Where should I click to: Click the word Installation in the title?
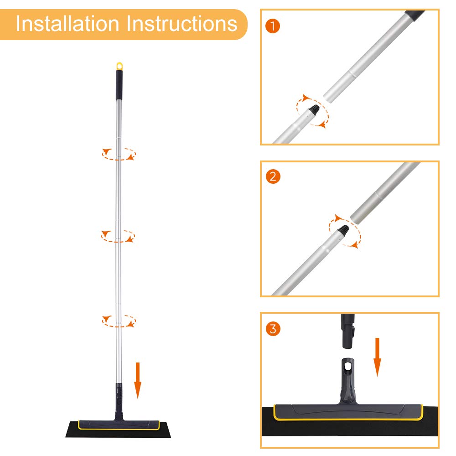point(67,24)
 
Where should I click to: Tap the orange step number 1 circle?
point(273,26)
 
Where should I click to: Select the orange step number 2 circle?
point(273,176)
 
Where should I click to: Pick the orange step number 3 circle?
point(273,329)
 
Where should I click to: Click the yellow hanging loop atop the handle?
point(119,66)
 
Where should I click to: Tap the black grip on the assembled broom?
point(119,85)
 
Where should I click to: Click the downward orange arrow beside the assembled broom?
point(138,380)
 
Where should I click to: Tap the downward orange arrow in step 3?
point(377,357)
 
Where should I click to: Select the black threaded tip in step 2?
point(343,229)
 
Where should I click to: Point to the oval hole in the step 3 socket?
point(348,367)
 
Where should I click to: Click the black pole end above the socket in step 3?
point(348,331)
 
